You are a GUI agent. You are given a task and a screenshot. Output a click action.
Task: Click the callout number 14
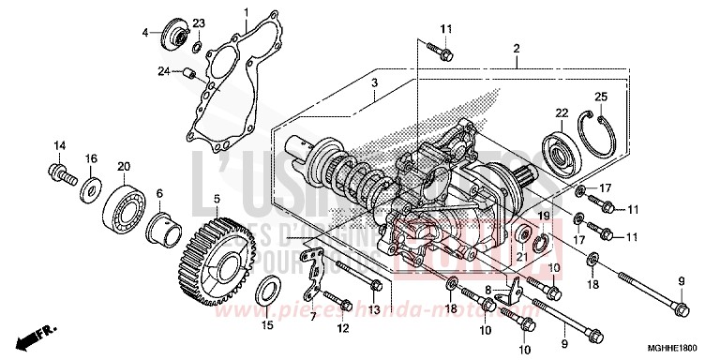(x=59, y=144)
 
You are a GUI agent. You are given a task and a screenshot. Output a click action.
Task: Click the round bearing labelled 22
(x=562, y=147)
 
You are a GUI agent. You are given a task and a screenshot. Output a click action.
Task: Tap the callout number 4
(x=145, y=33)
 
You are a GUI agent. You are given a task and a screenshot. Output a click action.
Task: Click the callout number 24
(x=162, y=70)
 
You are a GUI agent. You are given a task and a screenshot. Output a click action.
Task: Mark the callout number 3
(x=373, y=84)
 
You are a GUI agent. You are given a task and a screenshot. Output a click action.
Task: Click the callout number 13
(x=374, y=309)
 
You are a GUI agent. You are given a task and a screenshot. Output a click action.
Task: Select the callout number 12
(x=342, y=327)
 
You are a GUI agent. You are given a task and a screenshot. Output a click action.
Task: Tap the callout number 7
(x=313, y=317)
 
